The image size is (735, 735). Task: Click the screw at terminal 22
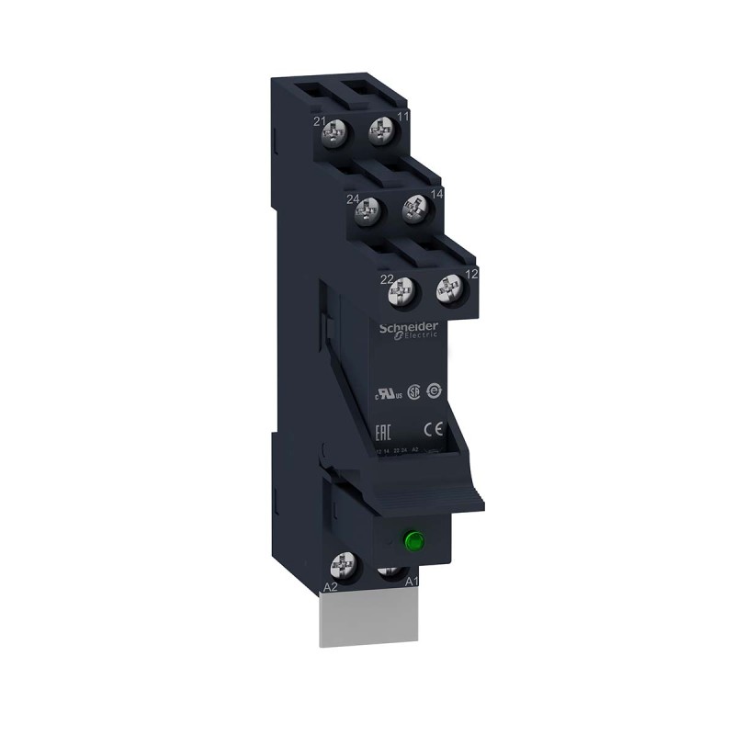point(401,292)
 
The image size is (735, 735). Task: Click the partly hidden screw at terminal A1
point(390,572)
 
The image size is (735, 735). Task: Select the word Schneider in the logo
point(411,327)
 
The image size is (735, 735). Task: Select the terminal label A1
point(413,581)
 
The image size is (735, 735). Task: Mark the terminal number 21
point(319,120)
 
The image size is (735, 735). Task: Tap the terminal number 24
point(352,198)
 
